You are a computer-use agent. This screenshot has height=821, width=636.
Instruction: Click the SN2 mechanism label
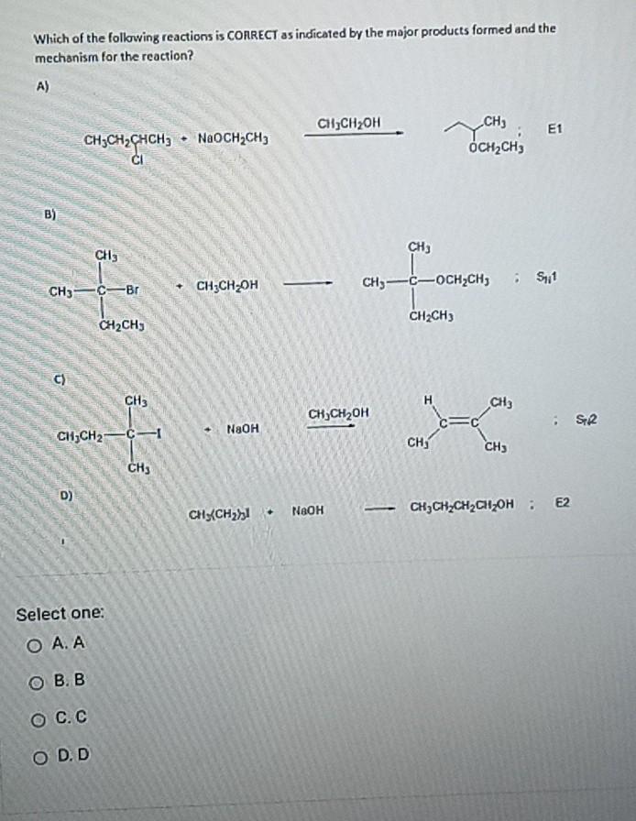tap(587, 420)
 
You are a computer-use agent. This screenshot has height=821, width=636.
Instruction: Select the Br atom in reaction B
tap(131, 290)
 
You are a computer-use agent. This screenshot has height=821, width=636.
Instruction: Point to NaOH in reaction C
tap(243, 428)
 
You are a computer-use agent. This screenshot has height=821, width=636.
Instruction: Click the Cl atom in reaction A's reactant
tap(139, 157)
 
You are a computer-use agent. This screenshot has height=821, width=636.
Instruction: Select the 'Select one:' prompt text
tap(60, 613)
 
